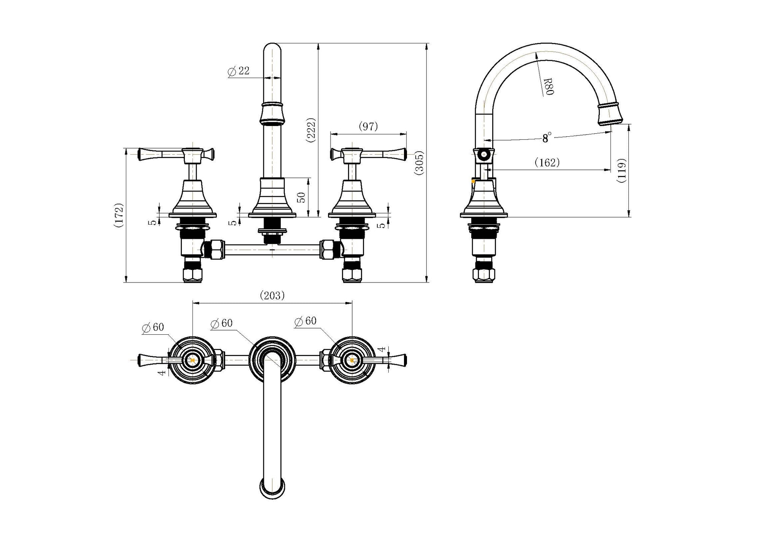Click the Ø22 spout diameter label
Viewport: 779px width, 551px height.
click(238, 71)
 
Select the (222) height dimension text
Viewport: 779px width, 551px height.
click(311, 130)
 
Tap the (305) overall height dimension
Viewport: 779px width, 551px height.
click(419, 163)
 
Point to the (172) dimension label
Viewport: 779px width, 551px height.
click(118, 215)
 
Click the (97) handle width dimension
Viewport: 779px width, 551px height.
click(368, 126)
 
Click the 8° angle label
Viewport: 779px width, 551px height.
click(547, 138)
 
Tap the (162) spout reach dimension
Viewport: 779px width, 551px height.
click(547, 163)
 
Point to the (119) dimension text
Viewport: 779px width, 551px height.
click(622, 171)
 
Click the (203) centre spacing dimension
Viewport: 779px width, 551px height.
click(272, 295)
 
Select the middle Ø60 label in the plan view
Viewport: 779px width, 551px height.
click(221, 323)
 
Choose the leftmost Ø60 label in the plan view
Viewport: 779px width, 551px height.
click(153, 327)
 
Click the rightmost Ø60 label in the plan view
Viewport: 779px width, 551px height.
click(305, 321)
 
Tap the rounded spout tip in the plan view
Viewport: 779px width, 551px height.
click(272, 488)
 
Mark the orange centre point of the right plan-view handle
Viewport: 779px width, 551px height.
click(352, 359)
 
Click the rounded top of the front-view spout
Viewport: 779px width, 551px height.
click(273, 48)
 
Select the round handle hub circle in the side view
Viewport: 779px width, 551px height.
click(484, 155)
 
